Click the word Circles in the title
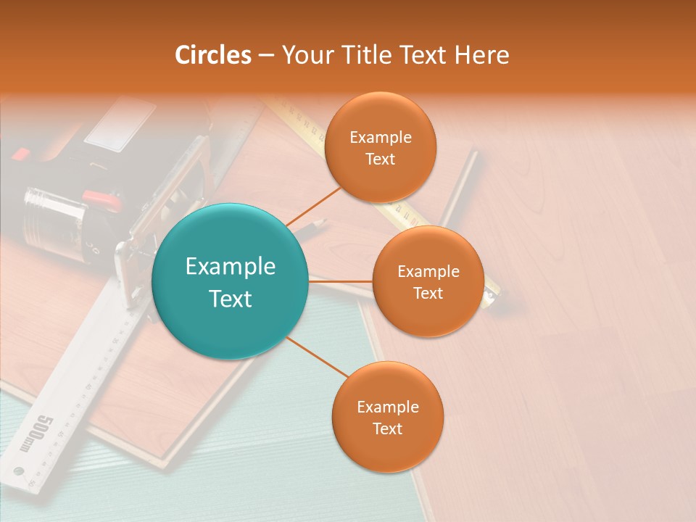tap(213, 55)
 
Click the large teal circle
tap(231, 281)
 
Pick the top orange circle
tap(381, 147)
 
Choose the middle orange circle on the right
tap(428, 281)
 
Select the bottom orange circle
tap(387, 417)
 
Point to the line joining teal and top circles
tap(313, 206)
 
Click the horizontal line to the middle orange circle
tap(341, 281)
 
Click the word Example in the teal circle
tap(231, 266)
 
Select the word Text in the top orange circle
tap(381, 159)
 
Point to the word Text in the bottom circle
tap(387, 428)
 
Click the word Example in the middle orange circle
tap(428, 271)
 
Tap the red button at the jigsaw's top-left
tap(20, 154)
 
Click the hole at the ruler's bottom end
tap(20, 472)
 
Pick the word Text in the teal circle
tap(231, 299)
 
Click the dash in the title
tap(266, 56)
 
